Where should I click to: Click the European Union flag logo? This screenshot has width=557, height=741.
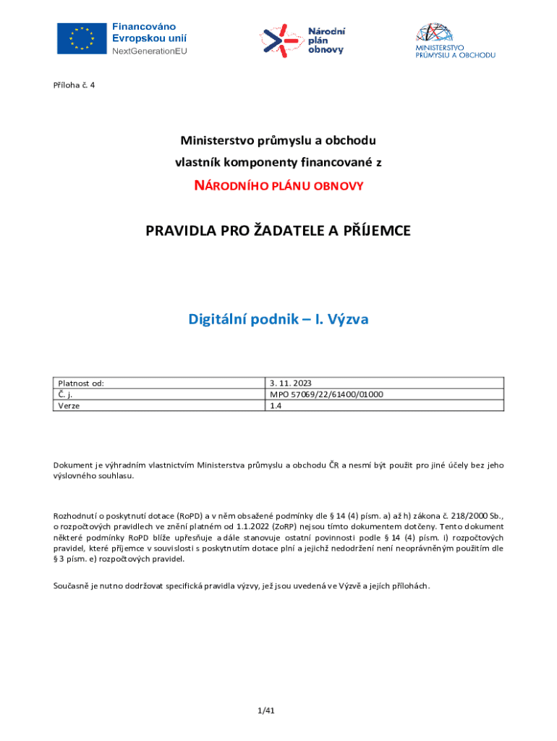[82, 38]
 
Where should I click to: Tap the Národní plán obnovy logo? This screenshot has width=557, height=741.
[303, 41]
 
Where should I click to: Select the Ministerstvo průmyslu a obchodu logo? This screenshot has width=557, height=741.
[455, 41]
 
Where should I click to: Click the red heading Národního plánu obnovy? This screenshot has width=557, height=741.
[278, 186]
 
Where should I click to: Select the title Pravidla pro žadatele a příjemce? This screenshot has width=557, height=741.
[278, 231]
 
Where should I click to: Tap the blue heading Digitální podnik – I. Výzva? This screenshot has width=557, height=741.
[278, 318]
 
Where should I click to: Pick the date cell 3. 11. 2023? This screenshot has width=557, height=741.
[290, 384]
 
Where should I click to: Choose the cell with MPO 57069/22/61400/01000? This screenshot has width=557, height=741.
[326, 394]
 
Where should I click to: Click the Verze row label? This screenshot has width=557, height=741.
[69, 406]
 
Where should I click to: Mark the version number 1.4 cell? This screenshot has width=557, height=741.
[276, 406]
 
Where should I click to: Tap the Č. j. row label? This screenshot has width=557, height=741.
[65, 394]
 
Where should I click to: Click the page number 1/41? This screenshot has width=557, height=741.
[266, 711]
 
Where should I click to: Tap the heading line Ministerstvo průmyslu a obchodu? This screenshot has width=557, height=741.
[278, 140]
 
